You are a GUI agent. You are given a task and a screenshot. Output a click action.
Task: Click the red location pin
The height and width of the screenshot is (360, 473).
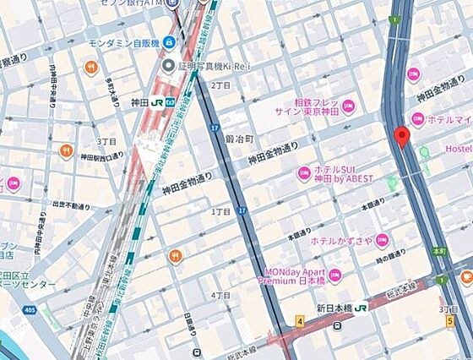[x=403, y=136]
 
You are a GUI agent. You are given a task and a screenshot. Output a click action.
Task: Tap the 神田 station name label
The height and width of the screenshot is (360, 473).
[x=139, y=101]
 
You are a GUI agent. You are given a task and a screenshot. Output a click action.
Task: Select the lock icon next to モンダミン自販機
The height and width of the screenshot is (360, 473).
[x=169, y=41]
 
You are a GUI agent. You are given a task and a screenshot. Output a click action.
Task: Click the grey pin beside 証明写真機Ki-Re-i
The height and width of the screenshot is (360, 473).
[x=168, y=65]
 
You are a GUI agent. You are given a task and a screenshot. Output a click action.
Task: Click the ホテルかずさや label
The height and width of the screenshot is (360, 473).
[x=341, y=241]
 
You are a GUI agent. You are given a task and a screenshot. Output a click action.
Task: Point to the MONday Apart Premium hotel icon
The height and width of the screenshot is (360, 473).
[x=334, y=275]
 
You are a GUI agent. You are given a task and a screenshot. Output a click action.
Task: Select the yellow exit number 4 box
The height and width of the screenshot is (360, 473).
[x=299, y=320]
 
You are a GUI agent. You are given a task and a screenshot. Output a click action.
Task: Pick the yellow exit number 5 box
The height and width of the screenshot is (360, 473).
[x=450, y=320]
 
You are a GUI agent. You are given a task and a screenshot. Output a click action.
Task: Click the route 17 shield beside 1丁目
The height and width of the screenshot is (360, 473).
[x=242, y=210]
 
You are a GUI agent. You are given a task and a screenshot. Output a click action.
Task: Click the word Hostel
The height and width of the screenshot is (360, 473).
[x=459, y=150]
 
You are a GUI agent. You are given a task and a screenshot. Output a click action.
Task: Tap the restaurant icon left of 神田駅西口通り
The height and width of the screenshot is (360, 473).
[x=67, y=150]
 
